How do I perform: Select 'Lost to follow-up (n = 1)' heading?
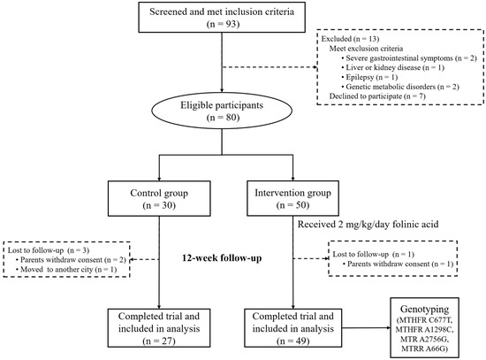pyautogui.click(x=370, y=254)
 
